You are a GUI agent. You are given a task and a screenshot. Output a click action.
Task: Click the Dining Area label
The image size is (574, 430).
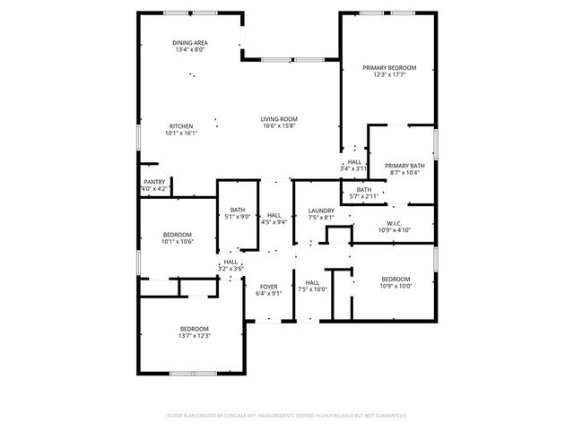coord(191,42)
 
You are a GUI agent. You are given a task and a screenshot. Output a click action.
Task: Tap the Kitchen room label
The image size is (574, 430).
coord(181,125)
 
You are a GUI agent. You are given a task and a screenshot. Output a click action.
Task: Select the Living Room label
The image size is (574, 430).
coord(280,118)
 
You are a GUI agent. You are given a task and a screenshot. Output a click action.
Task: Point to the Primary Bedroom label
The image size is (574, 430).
coord(389,68)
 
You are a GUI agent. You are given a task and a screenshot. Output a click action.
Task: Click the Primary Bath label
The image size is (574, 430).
coord(404,166)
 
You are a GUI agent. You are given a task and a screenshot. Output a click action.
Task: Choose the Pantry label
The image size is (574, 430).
coord(154,182)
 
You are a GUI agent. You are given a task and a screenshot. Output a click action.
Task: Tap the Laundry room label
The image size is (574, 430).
coord(321,211)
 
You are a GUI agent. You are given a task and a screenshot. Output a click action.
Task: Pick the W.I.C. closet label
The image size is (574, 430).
coord(394,223)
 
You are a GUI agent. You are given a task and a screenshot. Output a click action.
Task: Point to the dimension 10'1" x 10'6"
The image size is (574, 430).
coord(177,241)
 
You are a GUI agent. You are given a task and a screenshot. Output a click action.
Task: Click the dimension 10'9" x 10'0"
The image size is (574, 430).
coord(395,286)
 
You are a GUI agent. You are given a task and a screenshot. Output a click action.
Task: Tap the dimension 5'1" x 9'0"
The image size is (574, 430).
coord(238,217)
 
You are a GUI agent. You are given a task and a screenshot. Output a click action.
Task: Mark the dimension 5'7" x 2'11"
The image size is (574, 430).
coord(363,195)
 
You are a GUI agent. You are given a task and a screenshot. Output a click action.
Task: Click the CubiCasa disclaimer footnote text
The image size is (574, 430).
coord(287,416)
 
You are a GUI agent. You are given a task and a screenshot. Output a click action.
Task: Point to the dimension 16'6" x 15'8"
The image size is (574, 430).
coord(280,125)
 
